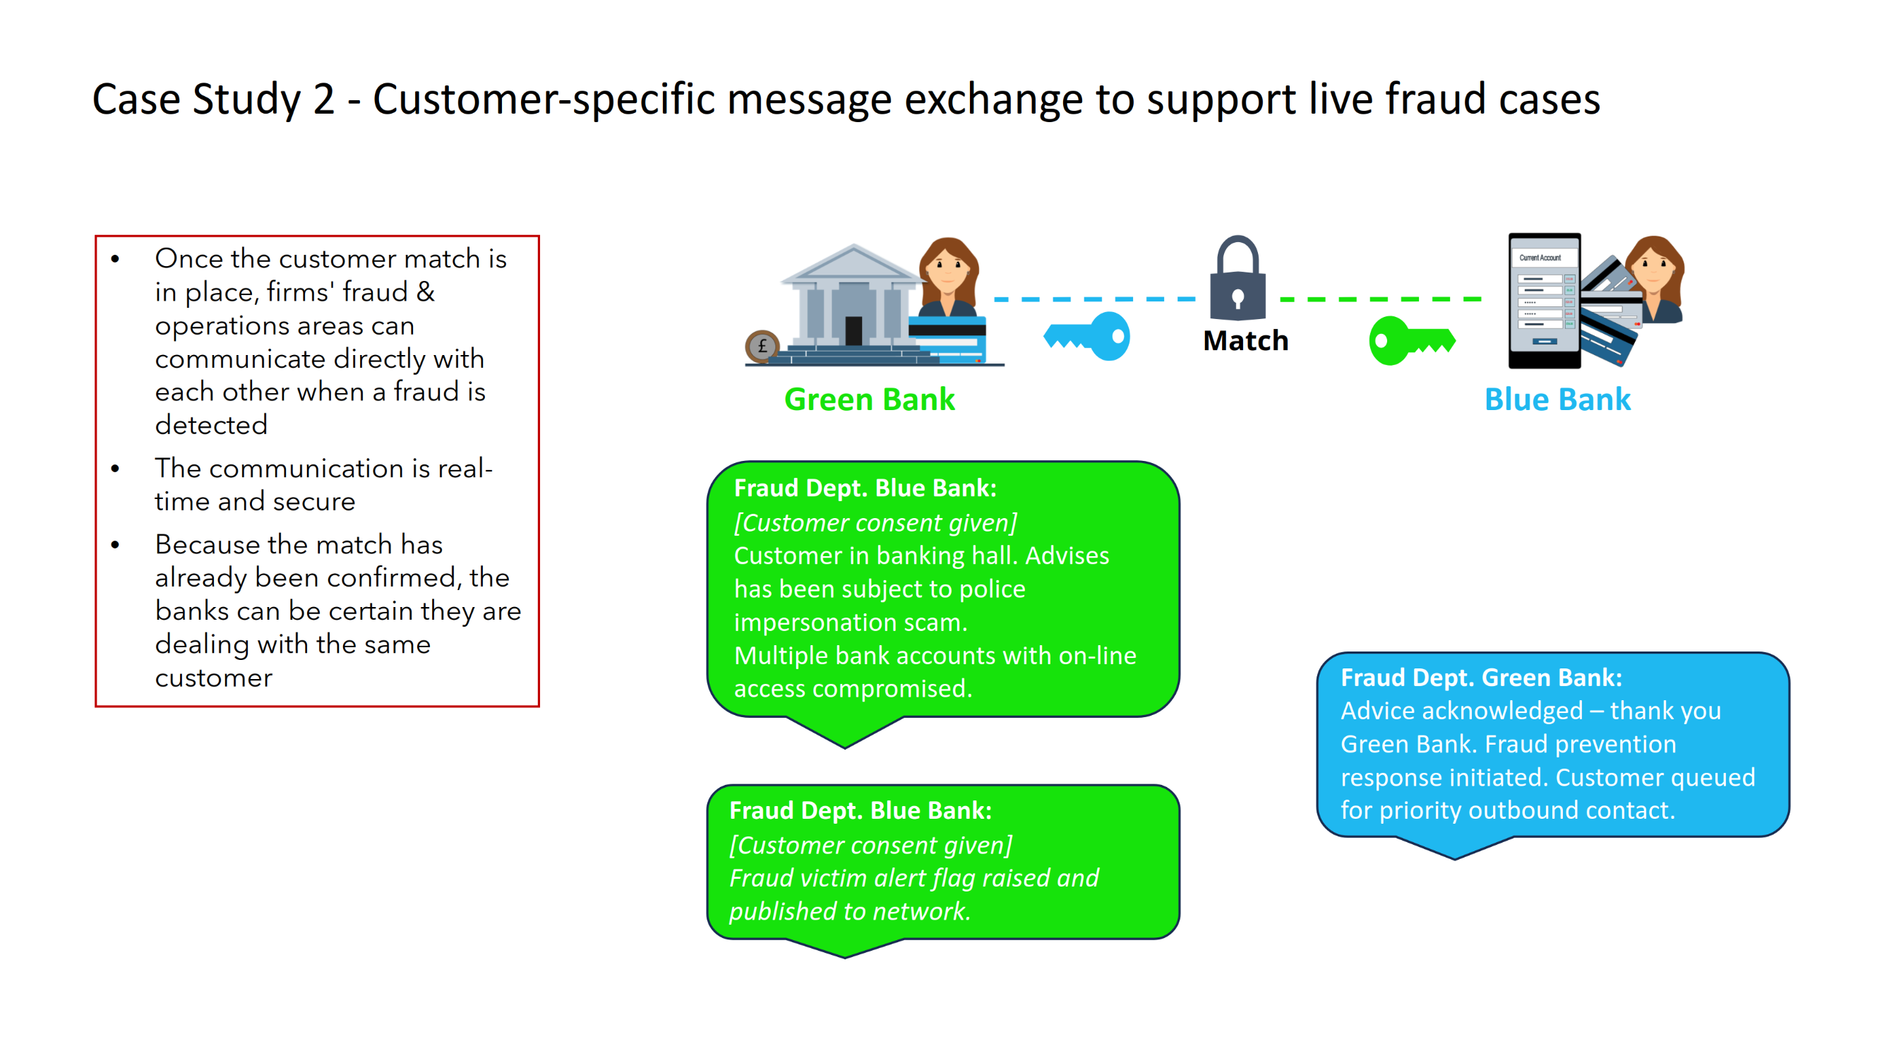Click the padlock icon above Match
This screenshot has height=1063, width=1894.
click(x=1237, y=280)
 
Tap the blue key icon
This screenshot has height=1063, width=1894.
click(x=1087, y=336)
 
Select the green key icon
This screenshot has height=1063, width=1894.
click(x=1411, y=340)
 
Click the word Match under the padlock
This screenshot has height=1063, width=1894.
click(x=1245, y=341)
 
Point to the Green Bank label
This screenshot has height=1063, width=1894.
click(x=869, y=400)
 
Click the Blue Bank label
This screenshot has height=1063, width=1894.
click(x=1557, y=400)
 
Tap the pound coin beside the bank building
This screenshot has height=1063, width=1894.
click(x=762, y=347)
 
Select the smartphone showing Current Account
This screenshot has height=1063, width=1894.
click(x=1544, y=301)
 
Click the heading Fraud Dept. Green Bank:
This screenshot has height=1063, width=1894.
click(x=1481, y=678)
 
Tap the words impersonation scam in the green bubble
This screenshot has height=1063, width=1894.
click(x=850, y=623)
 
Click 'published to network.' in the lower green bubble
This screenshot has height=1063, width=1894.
click(x=850, y=911)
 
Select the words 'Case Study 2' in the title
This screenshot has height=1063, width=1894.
click(x=213, y=100)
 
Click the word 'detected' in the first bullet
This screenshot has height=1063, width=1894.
click(x=211, y=425)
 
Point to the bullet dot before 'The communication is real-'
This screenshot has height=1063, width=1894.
click(x=116, y=469)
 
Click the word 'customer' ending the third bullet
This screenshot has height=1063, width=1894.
click(x=213, y=678)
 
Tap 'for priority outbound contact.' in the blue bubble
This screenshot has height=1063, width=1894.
click(x=1507, y=810)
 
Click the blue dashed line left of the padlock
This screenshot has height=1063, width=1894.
click(x=1096, y=299)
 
